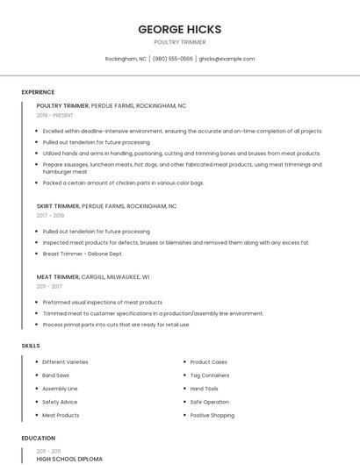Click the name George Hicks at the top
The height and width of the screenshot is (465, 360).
(179, 29)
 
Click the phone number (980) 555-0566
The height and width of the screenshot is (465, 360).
(173, 59)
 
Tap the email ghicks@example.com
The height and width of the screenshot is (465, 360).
(227, 59)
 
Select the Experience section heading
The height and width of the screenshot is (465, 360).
(38, 92)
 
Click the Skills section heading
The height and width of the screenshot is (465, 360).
(31, 346)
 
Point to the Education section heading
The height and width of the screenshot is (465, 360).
(39, 438)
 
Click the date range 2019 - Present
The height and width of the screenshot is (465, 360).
(55, 115)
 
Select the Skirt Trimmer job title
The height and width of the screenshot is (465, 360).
(58, 206)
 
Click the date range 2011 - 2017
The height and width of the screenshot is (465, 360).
(49, 286)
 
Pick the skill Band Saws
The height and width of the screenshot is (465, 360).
(57, 376)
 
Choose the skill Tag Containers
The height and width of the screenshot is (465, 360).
(209, 376)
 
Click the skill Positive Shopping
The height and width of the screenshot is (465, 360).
(212, 415)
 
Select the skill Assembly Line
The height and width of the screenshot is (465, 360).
(60, 389)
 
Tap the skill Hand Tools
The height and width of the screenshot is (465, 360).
(205, 389)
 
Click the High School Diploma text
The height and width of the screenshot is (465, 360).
(69, 459)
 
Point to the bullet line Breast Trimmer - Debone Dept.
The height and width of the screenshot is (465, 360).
(83, 254)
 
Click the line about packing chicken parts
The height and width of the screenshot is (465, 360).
(123, 183)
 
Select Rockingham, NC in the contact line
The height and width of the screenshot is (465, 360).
(126, 59)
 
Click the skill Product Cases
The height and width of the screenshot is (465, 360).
(209, 362)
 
